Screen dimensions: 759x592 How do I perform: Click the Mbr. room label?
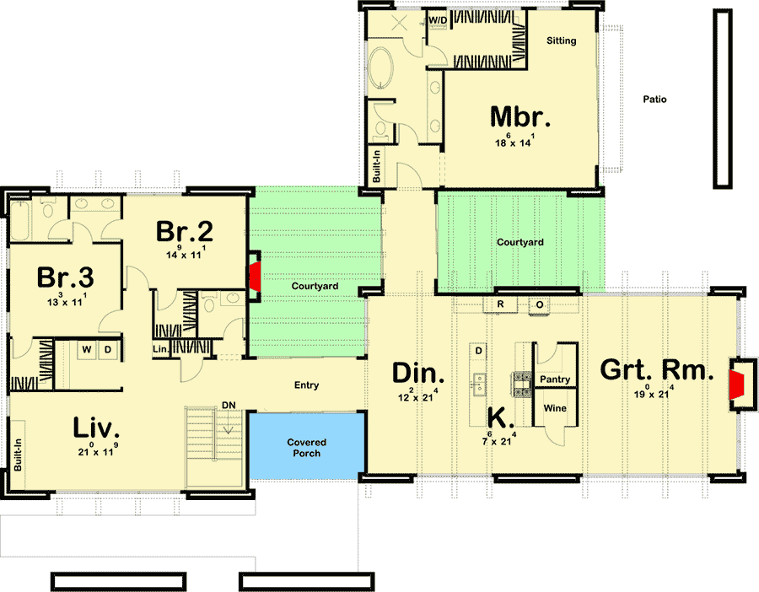pyautogui.click(x=519, y=116)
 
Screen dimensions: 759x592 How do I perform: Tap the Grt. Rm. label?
pyautogui.click(x=657, y=370)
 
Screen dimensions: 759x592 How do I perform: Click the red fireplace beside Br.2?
pyautogui.click(x=255, y=277)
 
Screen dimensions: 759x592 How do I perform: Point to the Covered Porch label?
pyautogui.click(x=306, y=448)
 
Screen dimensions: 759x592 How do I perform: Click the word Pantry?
pyautogui.click(x=555, y=379)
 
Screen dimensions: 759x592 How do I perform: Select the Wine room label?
pyautogui.click(x=555, y=408)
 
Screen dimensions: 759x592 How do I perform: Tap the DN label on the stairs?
pyautogui.click(x=229, y=405)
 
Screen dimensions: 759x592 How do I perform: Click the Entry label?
pyautogui.click(x=306, y=385)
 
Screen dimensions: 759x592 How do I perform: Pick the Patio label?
pyautogui.click(x=654, y=100)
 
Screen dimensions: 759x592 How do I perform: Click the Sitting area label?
pyautogui.click(x=562, y=40)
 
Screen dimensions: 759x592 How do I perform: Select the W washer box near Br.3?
pyautogui.click(x=87, y=350)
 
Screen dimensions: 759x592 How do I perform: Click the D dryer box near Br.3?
pyautogui.click(x=108, y=350)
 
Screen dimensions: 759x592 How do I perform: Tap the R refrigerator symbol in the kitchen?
pyautogui.click(x=500, y=304)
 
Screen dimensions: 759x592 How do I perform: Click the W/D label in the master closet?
pyautogui.click(x=438, y=20)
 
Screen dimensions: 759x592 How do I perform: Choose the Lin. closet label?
pyautogui.click(x=161, y=349)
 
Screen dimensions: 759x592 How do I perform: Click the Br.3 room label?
pyautogui.click(x=65, y=277)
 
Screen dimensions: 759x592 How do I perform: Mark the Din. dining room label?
pyautogui.click(x=418, y=374)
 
